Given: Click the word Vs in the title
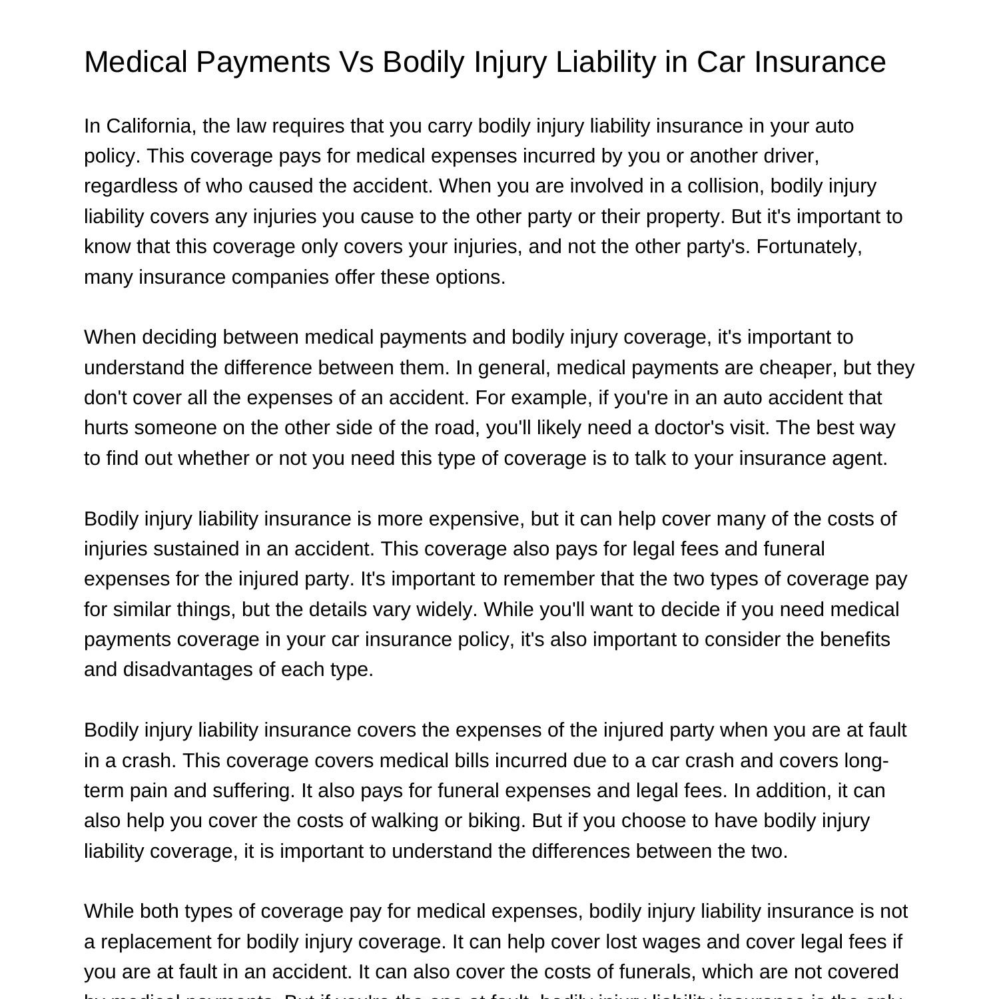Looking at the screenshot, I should (x=356, y=62).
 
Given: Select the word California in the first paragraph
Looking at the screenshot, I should (x=148, y=126).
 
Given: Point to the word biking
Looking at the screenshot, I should (x=496, y=821).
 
